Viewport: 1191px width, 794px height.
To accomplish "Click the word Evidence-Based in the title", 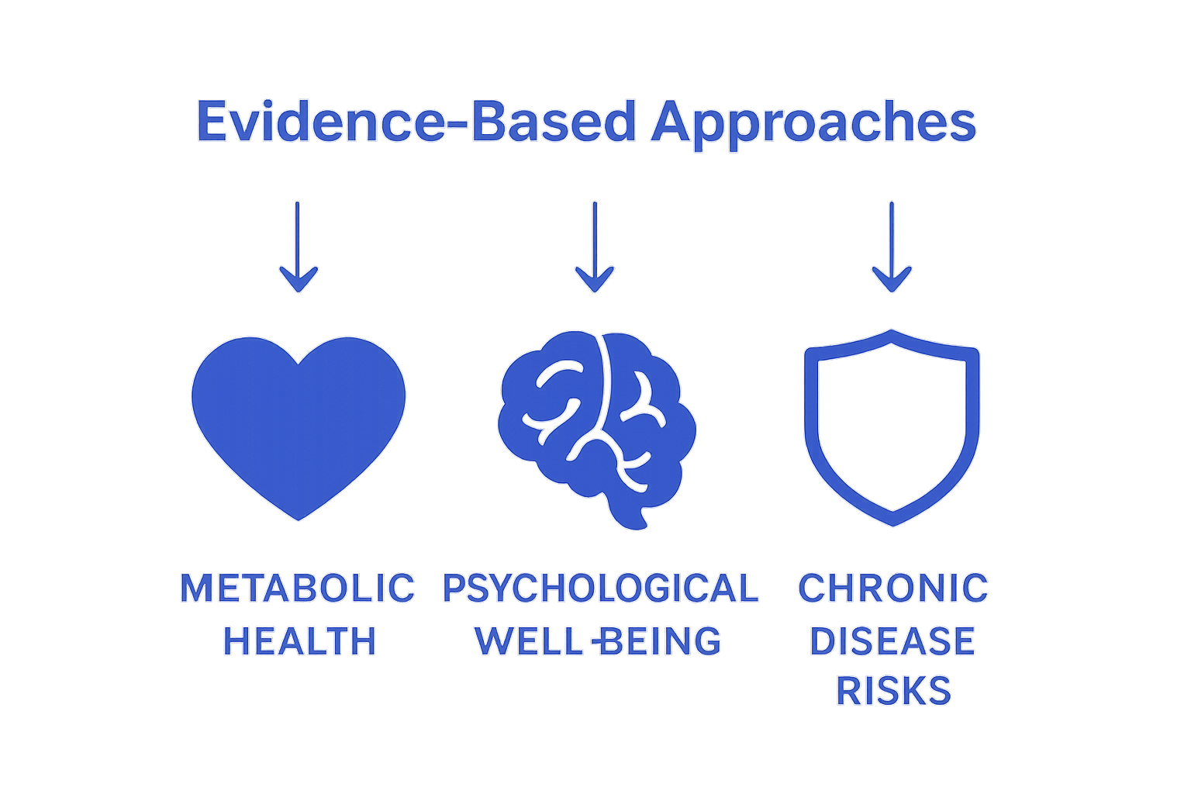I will [418, 123].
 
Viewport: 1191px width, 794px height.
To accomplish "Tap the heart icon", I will [299, 423].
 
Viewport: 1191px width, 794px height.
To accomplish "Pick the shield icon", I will [892, 426].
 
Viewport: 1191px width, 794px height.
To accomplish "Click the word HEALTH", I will [299, 641].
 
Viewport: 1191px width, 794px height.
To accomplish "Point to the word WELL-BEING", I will [598, 641].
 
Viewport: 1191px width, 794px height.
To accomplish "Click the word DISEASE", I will [892, 641].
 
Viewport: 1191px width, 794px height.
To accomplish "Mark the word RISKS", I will [893, 691].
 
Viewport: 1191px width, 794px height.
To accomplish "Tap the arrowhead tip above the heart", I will [299, 291].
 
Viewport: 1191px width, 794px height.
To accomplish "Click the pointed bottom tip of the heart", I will [299, 520].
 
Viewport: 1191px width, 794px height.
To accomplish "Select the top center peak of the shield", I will [892, 331].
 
